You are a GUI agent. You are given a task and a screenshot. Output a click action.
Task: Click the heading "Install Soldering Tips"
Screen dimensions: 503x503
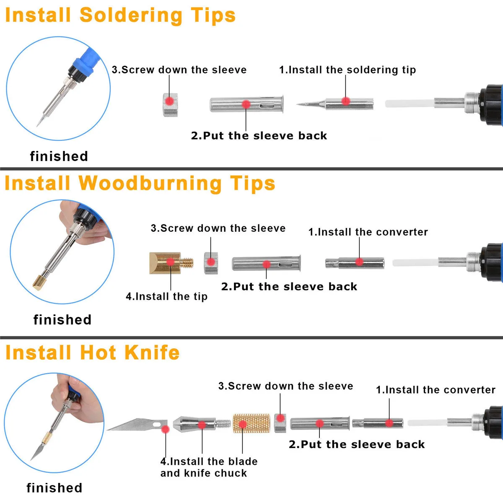120,16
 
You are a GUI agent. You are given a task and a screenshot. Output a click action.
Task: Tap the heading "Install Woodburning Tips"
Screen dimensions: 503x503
140,184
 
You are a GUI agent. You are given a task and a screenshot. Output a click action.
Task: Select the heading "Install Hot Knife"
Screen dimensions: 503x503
92,353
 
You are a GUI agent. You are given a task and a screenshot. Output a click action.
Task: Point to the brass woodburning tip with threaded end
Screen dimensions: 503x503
170,263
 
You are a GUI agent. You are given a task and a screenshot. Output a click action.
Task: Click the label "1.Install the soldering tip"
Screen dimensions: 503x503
347,70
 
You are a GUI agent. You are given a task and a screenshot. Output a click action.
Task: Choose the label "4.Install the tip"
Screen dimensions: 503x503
166,296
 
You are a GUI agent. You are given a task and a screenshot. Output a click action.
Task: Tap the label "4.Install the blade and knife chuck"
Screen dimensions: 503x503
208,467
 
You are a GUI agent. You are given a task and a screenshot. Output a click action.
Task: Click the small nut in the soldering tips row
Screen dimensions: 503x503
170,104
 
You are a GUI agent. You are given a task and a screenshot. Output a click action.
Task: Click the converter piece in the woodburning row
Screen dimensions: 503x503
355,263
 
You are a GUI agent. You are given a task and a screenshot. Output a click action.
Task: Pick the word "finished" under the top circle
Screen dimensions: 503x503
59,156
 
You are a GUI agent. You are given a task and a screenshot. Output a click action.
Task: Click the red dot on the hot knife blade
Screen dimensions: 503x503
166,429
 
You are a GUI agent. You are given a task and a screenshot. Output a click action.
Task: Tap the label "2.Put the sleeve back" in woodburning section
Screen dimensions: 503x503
289,287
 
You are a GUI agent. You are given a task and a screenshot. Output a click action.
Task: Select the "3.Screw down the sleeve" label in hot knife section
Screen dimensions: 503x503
285,386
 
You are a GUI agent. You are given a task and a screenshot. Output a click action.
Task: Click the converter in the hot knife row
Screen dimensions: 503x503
378,423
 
